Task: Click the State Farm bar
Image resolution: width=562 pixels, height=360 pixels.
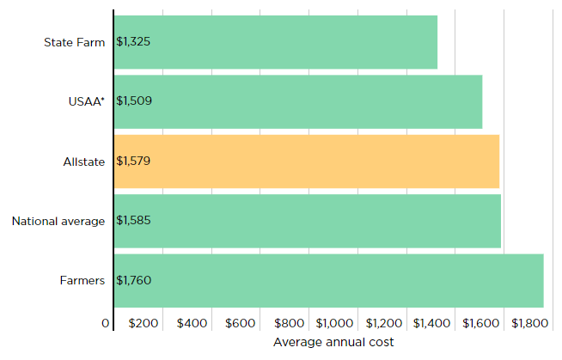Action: (x=275, y=41)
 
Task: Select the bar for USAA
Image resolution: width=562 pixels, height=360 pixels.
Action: (x=297, y=101)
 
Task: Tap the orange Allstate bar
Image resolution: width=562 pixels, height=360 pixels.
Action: (x=306, y=161)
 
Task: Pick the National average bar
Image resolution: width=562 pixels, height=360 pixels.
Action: (x=307, y=221)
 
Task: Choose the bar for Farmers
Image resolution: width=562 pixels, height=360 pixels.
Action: (x=328, y=281)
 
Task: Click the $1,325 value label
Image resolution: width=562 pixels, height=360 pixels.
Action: (x=133, y=41)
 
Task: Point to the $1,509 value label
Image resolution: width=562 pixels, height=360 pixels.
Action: (x=133, y=101)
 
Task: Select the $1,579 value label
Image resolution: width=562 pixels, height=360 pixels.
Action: (x=133, y=161)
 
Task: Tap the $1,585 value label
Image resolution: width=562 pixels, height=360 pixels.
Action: (x=133, y=221)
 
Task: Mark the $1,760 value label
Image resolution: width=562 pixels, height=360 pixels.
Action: (x=133, y=281)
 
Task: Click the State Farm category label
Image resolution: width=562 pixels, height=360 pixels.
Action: (x=74, y=41)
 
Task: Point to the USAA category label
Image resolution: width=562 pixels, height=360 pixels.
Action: (x=86, y=101)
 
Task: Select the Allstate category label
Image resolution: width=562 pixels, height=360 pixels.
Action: (x=83, y=161)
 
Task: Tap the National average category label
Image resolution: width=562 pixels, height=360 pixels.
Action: (x=58, y=221)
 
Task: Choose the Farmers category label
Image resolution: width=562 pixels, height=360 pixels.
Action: (x=82, y=281)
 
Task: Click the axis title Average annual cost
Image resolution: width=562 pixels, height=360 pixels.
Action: (x=333, y=342)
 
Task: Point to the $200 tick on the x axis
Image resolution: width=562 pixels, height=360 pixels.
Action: (x=144, y=323)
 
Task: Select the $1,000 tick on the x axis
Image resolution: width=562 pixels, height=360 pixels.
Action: (x=335, y=323)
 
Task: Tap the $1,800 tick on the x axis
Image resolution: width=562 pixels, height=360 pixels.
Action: (x=528, y=323)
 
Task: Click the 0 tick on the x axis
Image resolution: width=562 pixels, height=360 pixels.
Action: (x=106, y=323)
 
